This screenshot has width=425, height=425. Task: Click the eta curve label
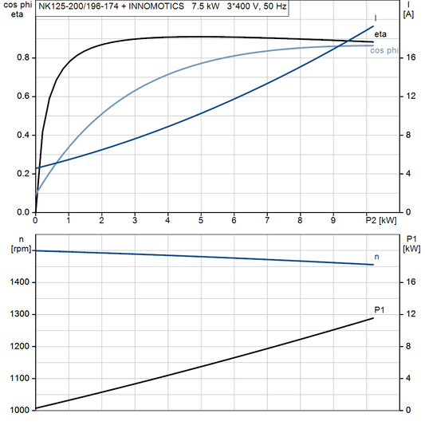[x=380, y=33]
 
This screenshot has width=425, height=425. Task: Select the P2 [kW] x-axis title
[x=380, y=220]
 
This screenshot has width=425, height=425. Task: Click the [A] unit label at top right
[x=408, y=14]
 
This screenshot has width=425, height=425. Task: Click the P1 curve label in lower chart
[x=380, y=309]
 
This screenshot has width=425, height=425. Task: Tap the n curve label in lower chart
[x=376, y=257]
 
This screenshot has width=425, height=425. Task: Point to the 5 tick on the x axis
[x=201, y=220]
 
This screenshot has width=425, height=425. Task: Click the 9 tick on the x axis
[x=333, y=220]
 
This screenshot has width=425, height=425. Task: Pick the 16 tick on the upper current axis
[x=408, y=58]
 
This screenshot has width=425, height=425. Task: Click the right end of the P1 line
[x=373, y=318]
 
